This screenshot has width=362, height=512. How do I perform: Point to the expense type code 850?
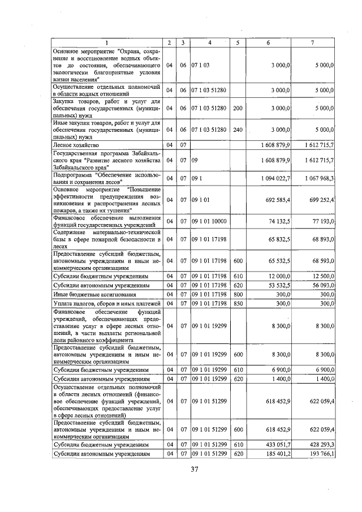point(238,304)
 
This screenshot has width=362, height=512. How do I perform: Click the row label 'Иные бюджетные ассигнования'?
point(88,295)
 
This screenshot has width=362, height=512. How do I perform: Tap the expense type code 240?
point(238,130)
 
